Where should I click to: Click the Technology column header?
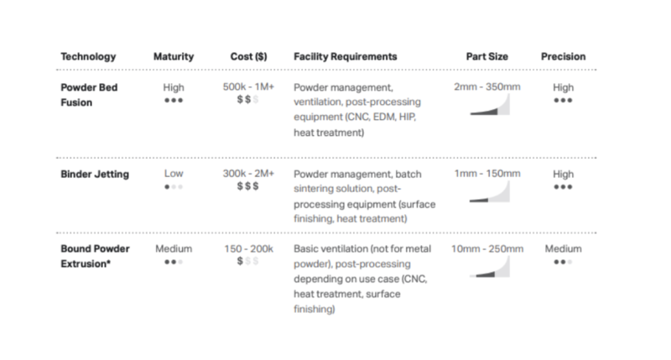87,56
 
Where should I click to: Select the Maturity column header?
174,56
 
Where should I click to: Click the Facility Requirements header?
345,56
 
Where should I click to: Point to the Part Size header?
486,56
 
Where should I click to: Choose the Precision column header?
563,56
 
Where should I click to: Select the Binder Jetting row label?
94,174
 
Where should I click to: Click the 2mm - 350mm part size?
486,86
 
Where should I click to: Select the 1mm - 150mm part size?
486,174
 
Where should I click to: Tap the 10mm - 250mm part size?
486,249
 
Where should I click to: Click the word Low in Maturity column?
174,174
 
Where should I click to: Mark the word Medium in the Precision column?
563,249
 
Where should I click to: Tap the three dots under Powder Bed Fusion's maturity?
174,99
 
